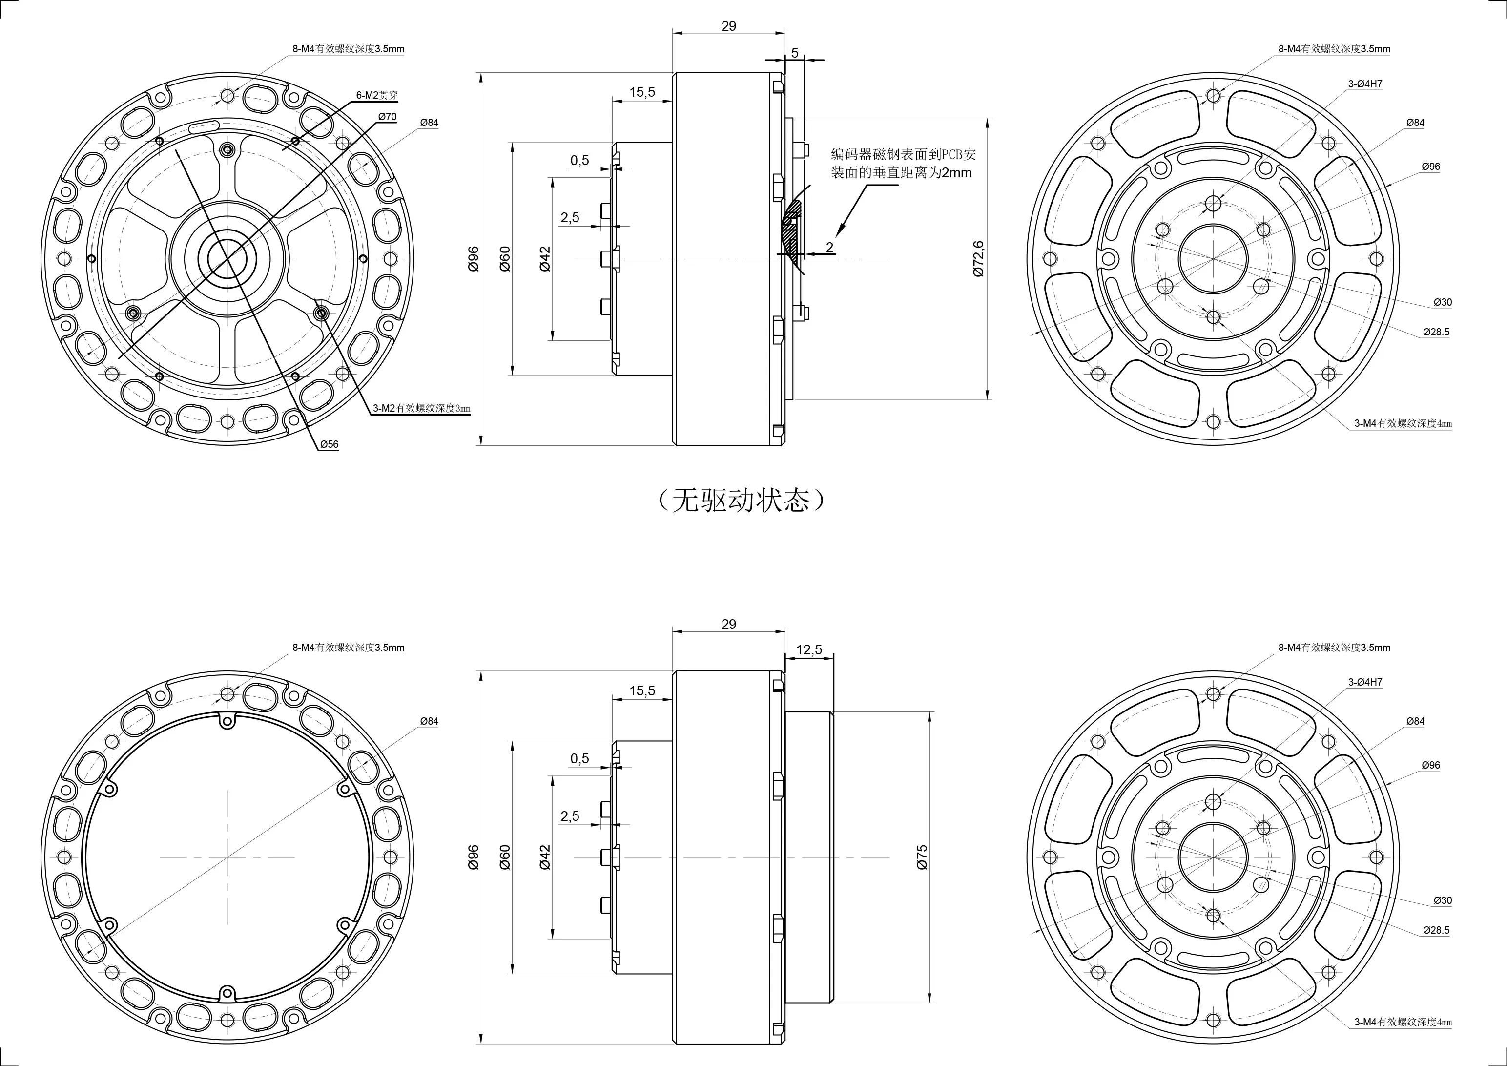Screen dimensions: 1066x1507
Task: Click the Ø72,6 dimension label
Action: pos(979,259)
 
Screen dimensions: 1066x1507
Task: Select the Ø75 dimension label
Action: pos(922,857)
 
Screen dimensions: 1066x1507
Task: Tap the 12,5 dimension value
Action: pos(808,650)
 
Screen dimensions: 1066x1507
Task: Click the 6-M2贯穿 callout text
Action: pos(377,95)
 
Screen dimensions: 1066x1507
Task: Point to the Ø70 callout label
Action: pos(387,117)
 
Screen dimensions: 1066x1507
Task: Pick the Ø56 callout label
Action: pos(330,444)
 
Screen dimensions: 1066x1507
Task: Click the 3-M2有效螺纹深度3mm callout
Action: pos(421,408)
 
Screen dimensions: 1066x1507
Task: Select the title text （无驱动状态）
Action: pos(740,502)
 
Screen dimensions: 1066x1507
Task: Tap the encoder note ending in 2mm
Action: pos(903,164)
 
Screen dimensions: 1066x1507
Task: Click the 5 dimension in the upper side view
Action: pos(795,53)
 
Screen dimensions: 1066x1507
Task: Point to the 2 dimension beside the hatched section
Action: pos(829,248)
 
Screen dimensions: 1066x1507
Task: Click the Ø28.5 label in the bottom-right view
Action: pos(1436,930)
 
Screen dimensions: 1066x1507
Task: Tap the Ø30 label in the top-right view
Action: pos(1443,303)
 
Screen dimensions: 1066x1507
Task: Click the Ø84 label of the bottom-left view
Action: pos(429,721)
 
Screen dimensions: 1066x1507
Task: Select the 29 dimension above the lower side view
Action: pos(728,624)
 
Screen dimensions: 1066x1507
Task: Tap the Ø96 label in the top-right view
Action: pos(1431,167)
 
